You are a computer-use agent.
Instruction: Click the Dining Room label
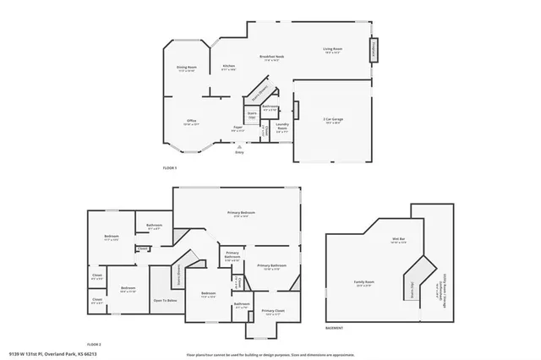click(x=187, y=67)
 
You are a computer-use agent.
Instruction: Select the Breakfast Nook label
click(x=271, y=57)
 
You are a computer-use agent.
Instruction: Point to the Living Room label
click(x=332, y=50)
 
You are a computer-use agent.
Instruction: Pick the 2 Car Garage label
click(x=332, y=121)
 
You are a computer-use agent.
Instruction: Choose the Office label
click(x=191, y=121)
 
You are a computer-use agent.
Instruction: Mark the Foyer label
click(x=238, y=127)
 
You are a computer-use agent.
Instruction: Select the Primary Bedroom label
click(x=241, y=212)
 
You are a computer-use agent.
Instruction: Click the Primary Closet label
click(x=273, y=311)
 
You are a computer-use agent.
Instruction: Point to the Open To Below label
click(x=165, y=300)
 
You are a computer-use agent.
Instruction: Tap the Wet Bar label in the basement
click(x=399, y=240)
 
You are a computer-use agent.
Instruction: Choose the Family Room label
click(x=364, y=283)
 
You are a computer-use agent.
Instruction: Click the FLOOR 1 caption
click(x=170, y=168)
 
